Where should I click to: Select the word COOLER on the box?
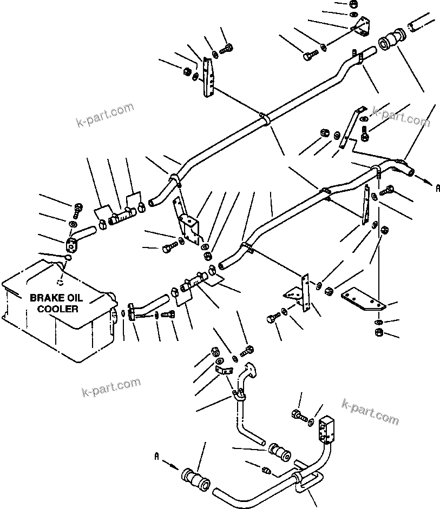61,309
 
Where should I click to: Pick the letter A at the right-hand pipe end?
438,188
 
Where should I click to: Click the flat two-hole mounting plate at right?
363,298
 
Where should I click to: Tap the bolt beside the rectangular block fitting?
298,416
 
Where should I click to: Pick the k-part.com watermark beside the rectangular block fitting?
370,411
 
